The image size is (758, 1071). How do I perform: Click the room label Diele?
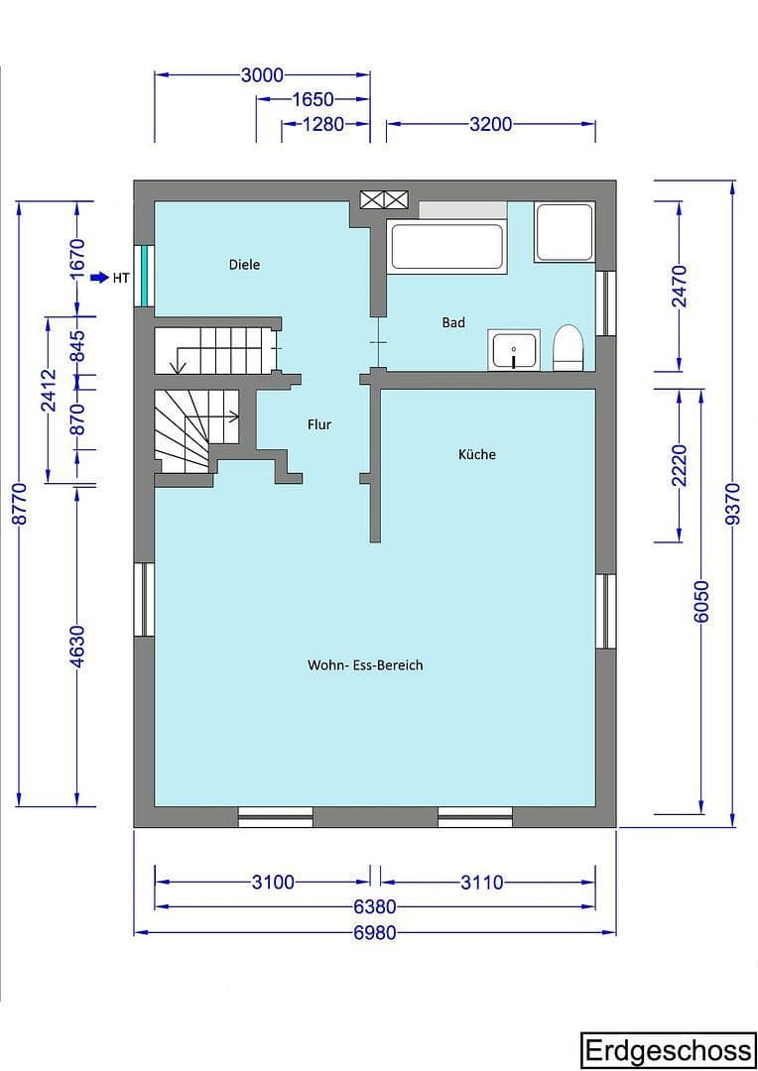click(x=244, y=265)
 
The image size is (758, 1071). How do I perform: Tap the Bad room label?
click(x=453, y=322)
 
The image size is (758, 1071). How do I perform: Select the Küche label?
click(x=476, y=454)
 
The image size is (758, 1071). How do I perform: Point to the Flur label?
click(x=319, y=424)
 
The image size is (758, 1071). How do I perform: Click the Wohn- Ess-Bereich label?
click(x=365, y=664)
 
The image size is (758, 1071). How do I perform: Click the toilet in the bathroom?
click(x=567, y=348)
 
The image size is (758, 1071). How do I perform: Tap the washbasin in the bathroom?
click(x=514, y=350)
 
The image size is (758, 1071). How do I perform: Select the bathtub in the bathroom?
click(x=446, y=247)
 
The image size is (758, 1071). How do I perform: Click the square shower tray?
click(x=565, y=231)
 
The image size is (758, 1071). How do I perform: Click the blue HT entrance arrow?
click(x=99, y=278)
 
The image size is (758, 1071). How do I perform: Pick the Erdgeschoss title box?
click(x=668, y=1050)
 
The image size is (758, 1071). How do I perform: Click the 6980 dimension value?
click(x=375, y=932)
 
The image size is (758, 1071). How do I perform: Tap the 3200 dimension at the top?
click(x=490, y=124)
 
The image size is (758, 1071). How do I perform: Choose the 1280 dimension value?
click(x=322, y=124)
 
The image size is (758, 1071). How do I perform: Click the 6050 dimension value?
click(x=702, y=601)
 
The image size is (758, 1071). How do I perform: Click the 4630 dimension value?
click(x=78, y=645)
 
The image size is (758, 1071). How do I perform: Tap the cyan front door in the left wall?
click(x=145, y=276)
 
